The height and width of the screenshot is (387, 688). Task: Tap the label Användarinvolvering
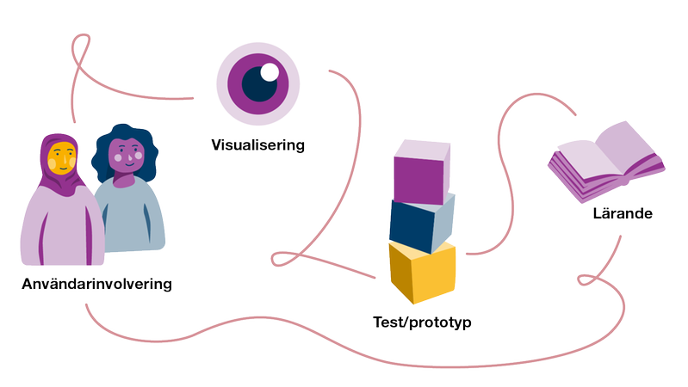[97, 283]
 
